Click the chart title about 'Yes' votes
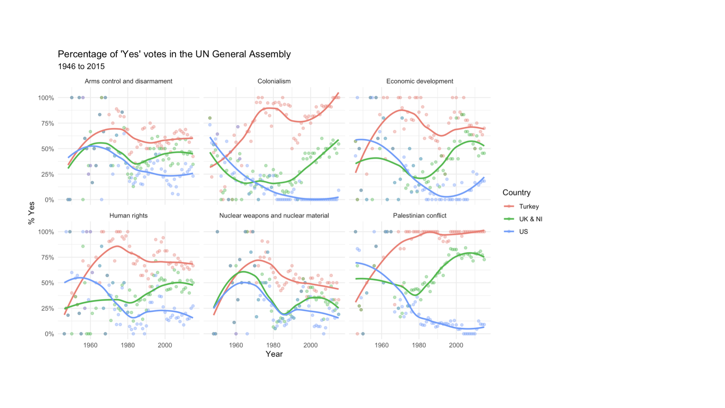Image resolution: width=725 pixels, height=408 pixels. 174,54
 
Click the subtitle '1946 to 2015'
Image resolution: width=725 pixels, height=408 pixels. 81,66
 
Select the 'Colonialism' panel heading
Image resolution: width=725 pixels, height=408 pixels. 274,81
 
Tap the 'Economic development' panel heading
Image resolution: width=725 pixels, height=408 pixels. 420,81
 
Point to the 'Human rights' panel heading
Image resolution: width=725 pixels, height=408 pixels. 128,216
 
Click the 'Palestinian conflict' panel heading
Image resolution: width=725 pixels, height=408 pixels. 420,216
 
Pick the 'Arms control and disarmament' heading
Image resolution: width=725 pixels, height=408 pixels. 128,81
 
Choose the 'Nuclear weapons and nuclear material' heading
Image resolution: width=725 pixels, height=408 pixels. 274,216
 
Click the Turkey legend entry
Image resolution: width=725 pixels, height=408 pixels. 529,207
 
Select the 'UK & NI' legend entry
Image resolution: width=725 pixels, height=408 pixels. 530,219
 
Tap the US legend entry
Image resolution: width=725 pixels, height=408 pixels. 523,232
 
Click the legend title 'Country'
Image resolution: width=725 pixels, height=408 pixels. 516,193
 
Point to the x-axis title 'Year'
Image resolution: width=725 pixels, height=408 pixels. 274,354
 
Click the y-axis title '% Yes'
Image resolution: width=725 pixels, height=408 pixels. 31,213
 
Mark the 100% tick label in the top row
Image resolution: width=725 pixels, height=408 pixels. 46,98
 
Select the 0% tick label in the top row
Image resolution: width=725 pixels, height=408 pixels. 49,200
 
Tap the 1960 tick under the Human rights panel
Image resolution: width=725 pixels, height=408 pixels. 90,345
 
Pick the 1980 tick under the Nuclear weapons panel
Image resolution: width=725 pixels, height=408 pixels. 273,345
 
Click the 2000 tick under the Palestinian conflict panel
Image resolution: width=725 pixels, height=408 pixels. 456,345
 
